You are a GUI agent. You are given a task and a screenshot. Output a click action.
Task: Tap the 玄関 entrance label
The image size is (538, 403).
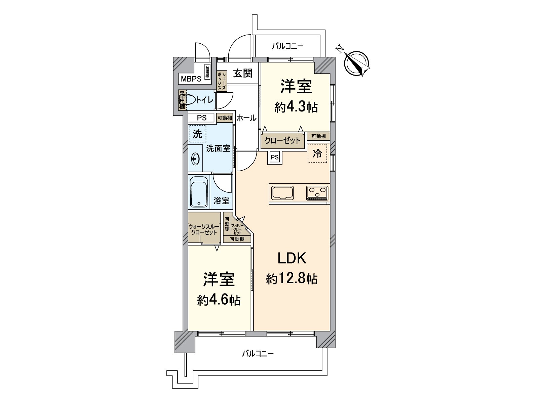[x=243, y=73]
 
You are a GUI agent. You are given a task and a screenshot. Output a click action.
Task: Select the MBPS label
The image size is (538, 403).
[x=191, y=79]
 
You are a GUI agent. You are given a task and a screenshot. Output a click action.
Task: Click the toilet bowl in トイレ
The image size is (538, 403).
[x=189, y=100]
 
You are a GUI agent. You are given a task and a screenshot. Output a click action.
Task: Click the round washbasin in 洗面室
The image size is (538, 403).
[x=195, y=159]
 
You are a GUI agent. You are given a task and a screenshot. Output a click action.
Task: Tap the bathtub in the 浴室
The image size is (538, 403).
[x=199, y=192]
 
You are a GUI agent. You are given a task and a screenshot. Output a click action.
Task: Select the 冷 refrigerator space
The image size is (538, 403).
[x=317, y=153]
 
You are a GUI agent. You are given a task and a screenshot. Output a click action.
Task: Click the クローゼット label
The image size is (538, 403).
[x=283, y=140]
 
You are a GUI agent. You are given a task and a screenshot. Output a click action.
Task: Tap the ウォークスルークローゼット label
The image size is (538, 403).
[x=204, y=229]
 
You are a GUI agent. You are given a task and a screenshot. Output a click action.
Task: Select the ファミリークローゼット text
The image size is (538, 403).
[x=237, y=229]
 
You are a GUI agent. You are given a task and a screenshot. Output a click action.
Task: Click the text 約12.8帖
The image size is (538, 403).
[x=292, y=278]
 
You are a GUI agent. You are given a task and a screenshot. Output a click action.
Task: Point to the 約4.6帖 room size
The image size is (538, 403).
[x=219, y=300]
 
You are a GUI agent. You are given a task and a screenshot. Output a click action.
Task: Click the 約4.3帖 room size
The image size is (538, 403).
[x=296, y=107]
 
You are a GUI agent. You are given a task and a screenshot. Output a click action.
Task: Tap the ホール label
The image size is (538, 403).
[x=246, y=118]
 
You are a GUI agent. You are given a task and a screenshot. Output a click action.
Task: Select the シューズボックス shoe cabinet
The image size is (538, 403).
[x=222, y=81]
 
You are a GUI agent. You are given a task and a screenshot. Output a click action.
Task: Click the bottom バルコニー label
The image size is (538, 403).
[x=258, y=354]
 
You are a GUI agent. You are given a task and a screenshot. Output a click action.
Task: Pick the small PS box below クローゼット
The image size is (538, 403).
[x=275, y=157]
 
